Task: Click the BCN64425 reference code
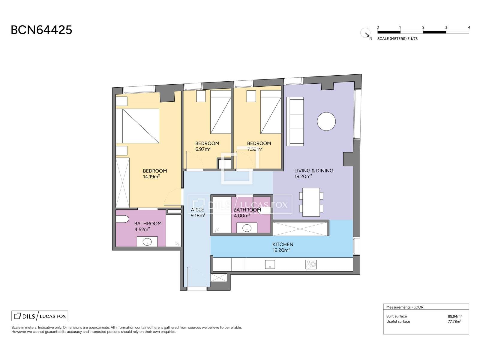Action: coord(41,30)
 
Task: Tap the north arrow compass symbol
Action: coord(366,33)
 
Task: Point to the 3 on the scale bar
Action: coord(446,28)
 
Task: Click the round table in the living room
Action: coord(326,121)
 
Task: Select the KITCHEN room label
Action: coord(283,244)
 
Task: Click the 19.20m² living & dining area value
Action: coord(303,176)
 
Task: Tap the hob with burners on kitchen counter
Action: coord(311,265)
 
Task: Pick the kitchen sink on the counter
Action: coord(270,265)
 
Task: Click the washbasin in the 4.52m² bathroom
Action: coord(147,242)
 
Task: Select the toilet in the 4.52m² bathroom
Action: coord(122,219)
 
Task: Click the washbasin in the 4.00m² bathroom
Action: coord(247,228)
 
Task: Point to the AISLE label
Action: coord(197,210)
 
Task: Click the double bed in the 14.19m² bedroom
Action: coord(137,126)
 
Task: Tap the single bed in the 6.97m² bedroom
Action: coord(220,112)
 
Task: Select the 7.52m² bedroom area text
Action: coord(255,149)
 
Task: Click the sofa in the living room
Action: coord(295,121)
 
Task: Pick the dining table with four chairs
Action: coord(311,202)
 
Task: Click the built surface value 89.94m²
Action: coord(454,316)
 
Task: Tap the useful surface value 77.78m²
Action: coord(454,322)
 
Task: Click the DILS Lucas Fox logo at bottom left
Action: coord(40,316)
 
